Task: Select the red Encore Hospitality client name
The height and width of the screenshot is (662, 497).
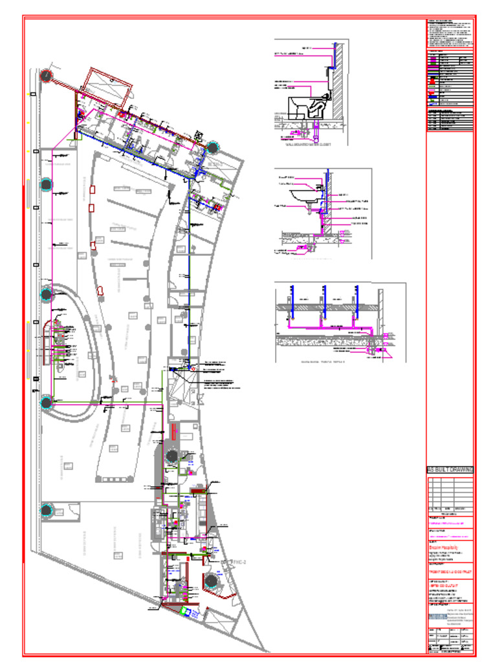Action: coord(442,547)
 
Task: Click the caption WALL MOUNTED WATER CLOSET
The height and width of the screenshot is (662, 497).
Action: coord(307,145)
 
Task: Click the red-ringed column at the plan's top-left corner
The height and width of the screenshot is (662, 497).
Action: coord(47,76)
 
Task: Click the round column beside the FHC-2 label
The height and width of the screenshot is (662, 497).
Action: coord(211,581)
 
